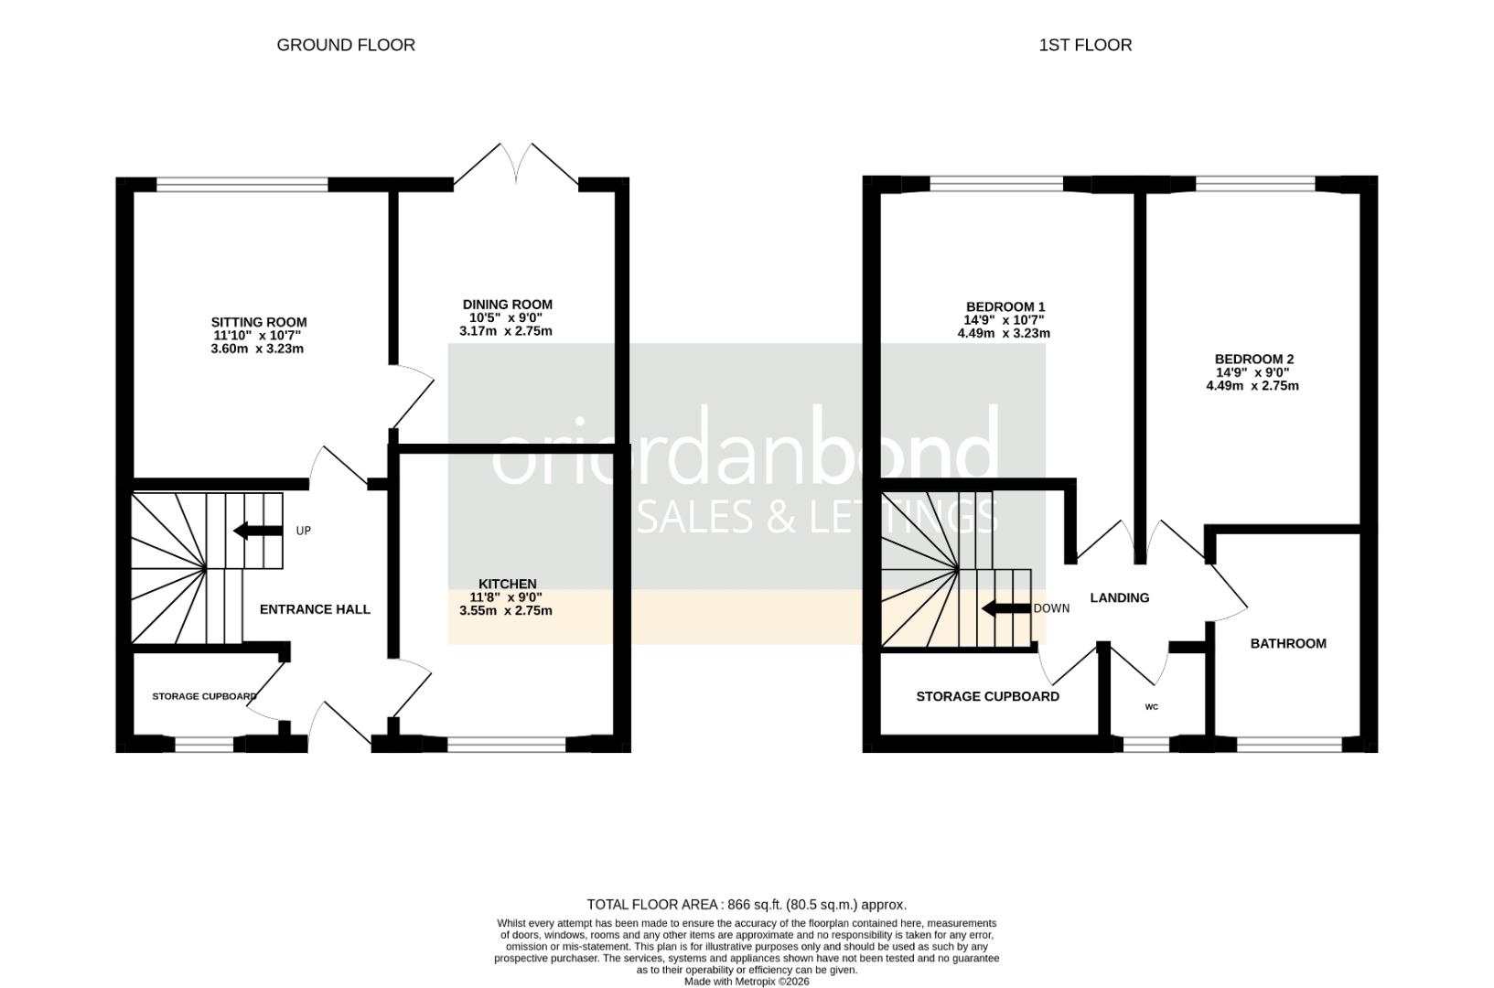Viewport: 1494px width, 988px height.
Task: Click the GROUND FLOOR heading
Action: pos(346,45)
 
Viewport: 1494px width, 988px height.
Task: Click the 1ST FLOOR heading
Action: pos(1085,45)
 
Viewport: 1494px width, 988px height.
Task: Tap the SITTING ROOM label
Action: pos(259,322)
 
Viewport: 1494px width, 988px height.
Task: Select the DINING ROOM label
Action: pos(507,305)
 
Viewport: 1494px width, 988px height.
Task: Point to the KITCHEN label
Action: pos(507,584)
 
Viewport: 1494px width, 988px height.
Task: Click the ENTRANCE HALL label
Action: pos(315,609)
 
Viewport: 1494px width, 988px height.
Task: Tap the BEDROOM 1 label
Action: pos(1005,307)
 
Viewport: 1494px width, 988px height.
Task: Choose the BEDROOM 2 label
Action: pos(1253,360)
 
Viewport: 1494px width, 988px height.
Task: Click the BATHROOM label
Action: pos(1288,644)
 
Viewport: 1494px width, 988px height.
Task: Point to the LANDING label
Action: pos(1120,598)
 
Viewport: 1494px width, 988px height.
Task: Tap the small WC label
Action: pos(1152,707)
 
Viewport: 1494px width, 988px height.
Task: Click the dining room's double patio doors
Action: pos(517,165)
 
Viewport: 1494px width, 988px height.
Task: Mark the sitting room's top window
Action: pos(242,184)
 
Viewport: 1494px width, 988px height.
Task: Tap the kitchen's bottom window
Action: pos(506,746)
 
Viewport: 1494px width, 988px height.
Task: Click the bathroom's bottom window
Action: pos(1289,746)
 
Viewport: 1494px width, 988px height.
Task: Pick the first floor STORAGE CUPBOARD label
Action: pos(987,697)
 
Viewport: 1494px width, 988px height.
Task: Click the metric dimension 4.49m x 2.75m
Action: pos(1252,386)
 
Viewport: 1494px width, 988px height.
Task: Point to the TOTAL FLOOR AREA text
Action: pos(747,905)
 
